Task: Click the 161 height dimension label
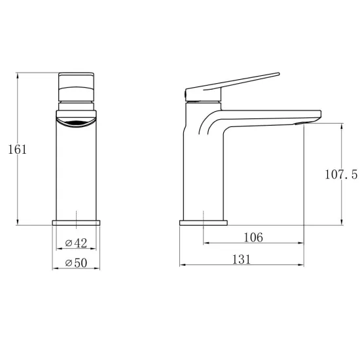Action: tap(18, 149)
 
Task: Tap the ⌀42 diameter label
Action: tap(76, 243)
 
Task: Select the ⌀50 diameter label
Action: tap(76, 262)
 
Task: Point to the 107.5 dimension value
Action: tap(341, 174)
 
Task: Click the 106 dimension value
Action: tap(253, 237)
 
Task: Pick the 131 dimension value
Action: tap(242, 259)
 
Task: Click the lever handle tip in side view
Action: tap(278, 74)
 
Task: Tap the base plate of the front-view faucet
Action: tap(76, 223)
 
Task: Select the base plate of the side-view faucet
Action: tap(204, 223)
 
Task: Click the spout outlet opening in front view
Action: tap(76, 123)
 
